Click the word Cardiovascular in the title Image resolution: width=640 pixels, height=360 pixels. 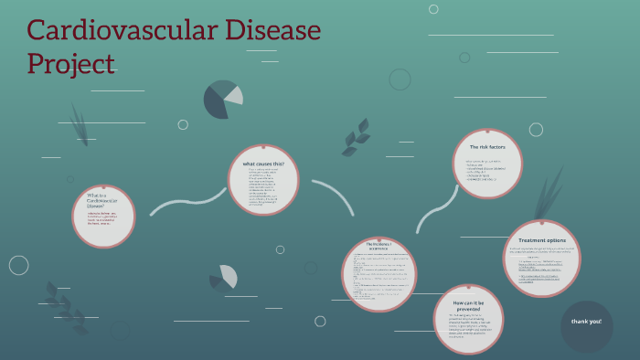pos(119,30)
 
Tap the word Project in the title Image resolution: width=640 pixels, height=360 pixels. pos(70,63)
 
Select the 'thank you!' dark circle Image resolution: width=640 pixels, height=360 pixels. pos(586,322)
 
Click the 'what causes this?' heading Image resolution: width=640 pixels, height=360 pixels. pos(262,164)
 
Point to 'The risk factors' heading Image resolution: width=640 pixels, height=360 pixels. pos(487,146)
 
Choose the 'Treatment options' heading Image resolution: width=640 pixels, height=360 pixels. pos(542,239)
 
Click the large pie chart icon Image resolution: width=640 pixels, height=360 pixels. pos(223,99)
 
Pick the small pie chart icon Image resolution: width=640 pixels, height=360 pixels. pos(223,277)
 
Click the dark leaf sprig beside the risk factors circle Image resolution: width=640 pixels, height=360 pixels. pos(356,138)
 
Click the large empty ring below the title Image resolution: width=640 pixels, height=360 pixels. pos(400,79)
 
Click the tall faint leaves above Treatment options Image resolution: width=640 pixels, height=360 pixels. pos(550,192)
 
